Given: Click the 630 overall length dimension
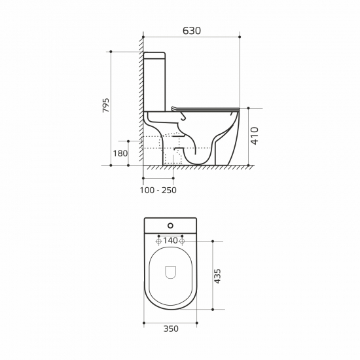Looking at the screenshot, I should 191,31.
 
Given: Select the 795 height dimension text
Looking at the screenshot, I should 105,107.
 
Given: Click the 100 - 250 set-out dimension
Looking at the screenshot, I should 158,190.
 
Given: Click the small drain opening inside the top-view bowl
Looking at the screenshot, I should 170,272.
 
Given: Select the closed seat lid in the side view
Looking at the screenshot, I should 203,108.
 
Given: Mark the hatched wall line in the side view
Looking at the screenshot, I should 140,98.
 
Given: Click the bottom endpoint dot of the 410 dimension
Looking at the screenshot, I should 251,166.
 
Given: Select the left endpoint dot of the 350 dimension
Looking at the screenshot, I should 143,323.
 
